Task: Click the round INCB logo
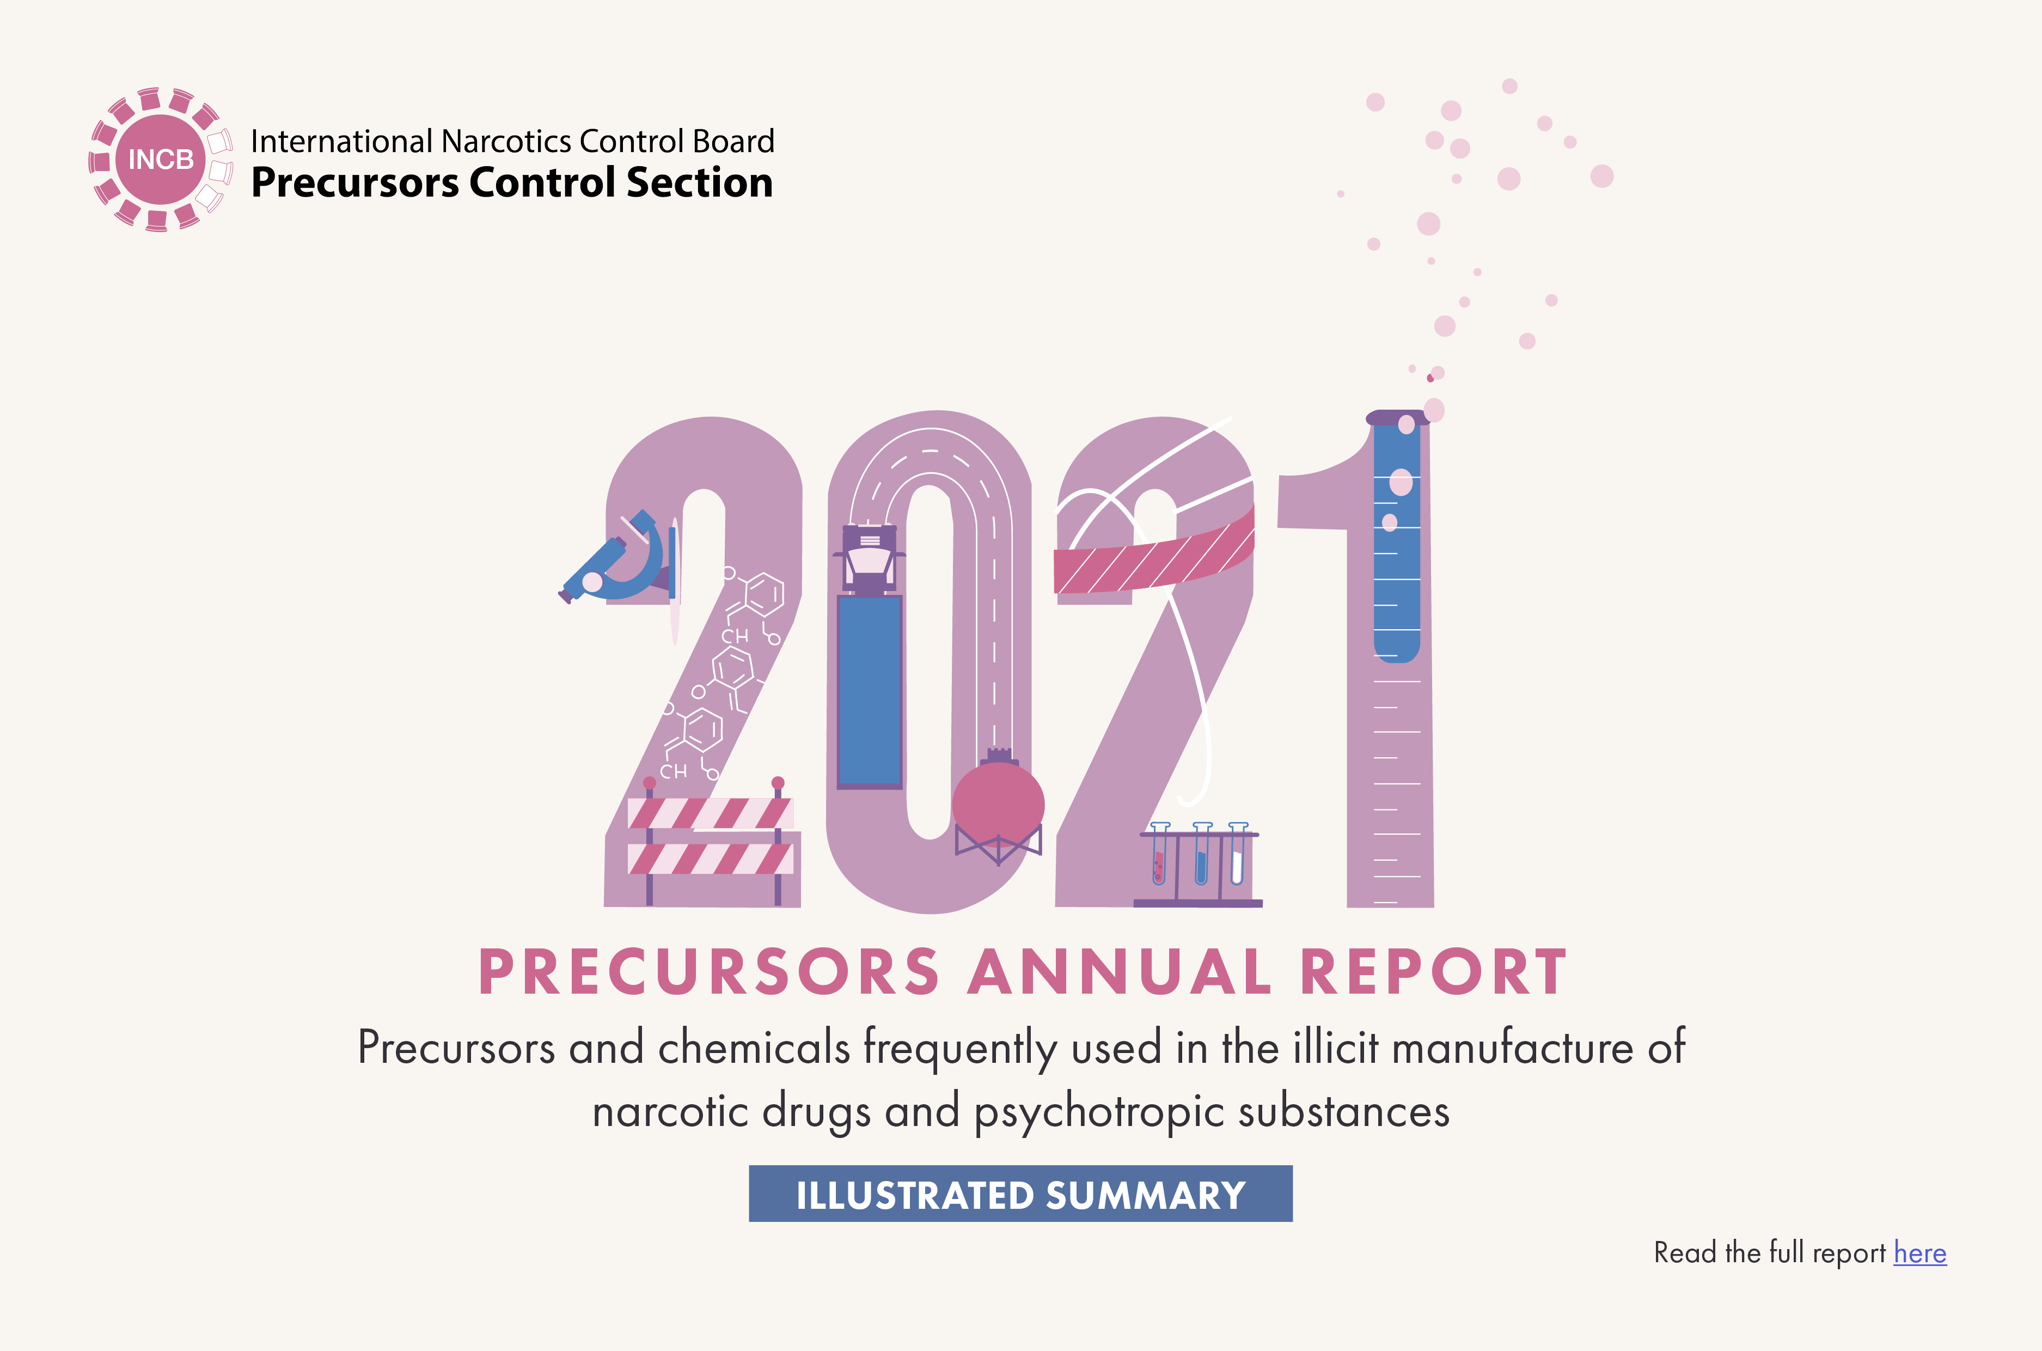click(x=160, y=160)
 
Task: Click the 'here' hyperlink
click(x=1919, y=1253)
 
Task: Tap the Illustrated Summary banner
click(x=1020, y=1194)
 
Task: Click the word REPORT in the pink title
click(x=1433, y=972)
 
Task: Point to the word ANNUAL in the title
click(x=1120, y=972)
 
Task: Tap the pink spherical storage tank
click(x=998, y=805)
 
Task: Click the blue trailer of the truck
click(x=870, y=691)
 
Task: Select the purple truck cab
click(x=869, y=558)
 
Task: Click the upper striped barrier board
click(x=710, y=813)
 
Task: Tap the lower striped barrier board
click(x=710, y=859)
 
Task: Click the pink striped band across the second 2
click(x=1154, y=556)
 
